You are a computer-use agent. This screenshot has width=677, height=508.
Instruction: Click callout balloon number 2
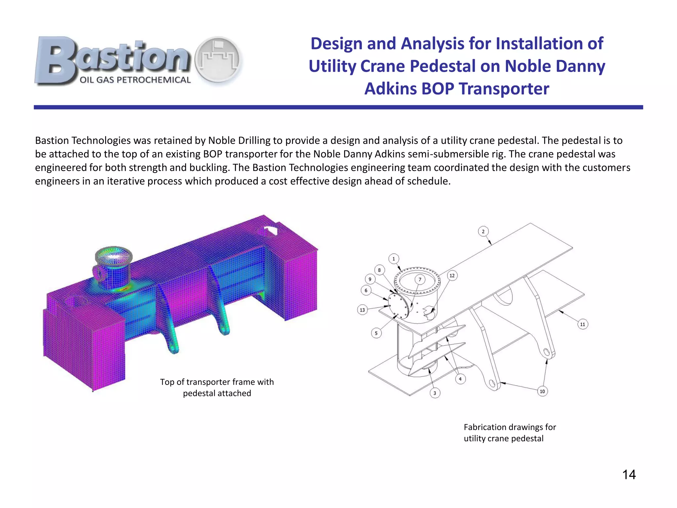(483, 232)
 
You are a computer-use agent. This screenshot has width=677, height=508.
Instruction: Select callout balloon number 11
(582, 324)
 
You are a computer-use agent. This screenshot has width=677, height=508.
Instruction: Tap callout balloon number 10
(542, 392)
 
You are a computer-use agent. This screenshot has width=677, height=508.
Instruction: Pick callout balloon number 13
(362, 310)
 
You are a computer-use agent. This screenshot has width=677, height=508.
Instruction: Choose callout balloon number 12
(452, 275)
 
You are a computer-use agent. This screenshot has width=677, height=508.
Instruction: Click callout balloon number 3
(435, 393)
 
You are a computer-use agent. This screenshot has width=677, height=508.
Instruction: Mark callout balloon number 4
(460, 379)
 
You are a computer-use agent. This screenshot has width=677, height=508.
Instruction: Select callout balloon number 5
(376, 333)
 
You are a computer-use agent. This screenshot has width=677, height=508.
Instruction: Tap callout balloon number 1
(393, 259)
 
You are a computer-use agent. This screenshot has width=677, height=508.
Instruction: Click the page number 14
(629, 475)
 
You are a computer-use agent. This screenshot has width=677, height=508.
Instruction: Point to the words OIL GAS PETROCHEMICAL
(135, 80)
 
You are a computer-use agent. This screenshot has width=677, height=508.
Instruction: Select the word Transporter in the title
(504, 89)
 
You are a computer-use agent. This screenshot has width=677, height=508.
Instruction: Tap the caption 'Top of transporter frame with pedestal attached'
(217, 388)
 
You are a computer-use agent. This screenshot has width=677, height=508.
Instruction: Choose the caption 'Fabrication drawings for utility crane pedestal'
(510, 433)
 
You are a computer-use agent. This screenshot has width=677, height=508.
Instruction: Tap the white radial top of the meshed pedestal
(113, 255)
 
